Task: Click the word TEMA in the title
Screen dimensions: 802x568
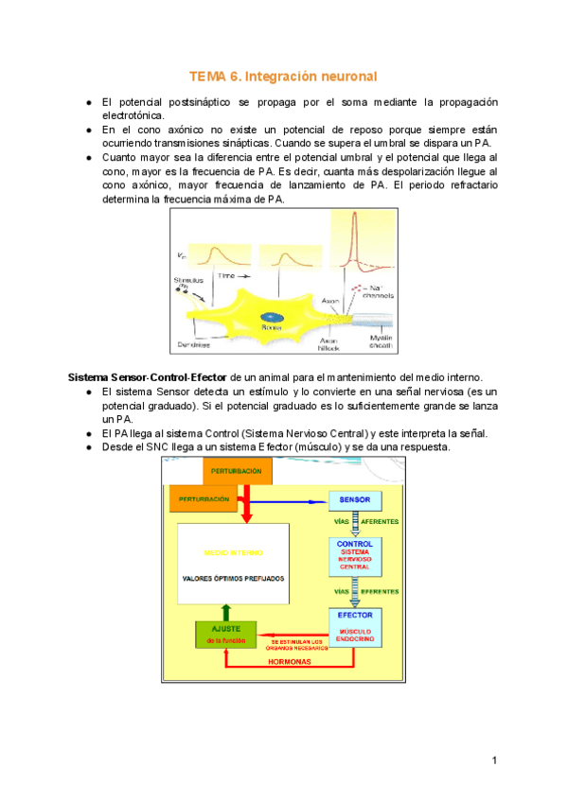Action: pos(208,75)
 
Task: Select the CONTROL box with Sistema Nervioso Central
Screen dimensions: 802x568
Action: pos(356,555)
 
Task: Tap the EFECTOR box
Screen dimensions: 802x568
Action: pos(356,626)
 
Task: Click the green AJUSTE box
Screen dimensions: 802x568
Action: pos(225,635)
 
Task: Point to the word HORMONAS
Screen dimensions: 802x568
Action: pos(290,661)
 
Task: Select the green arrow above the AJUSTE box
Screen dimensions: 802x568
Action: pos(225,612)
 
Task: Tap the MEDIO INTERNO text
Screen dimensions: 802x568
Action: pos(233,552)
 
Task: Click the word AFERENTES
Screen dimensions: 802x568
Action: pos(379,521)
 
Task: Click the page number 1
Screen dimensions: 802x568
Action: pos(494,760)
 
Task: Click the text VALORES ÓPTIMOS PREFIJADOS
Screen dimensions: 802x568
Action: pos(232,578)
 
